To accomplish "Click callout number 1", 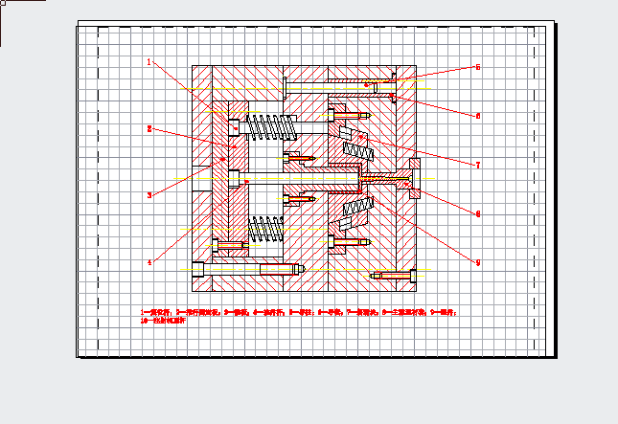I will coord(149,62).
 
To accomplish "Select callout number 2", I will coord(149,127).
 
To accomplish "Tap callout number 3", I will coord(149,195).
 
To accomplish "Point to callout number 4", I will coord(149,261).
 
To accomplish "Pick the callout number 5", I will coord(477,68).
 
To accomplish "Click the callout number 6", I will coord(477,116).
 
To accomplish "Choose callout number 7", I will coord(477,165).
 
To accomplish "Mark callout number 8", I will coord(477,213).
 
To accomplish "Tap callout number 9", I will coord(477,262).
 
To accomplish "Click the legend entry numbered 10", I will coord(162,320).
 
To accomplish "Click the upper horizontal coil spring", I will coord(268,125).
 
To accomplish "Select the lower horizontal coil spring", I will coord(268,230).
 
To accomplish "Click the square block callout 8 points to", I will coord(416,179).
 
